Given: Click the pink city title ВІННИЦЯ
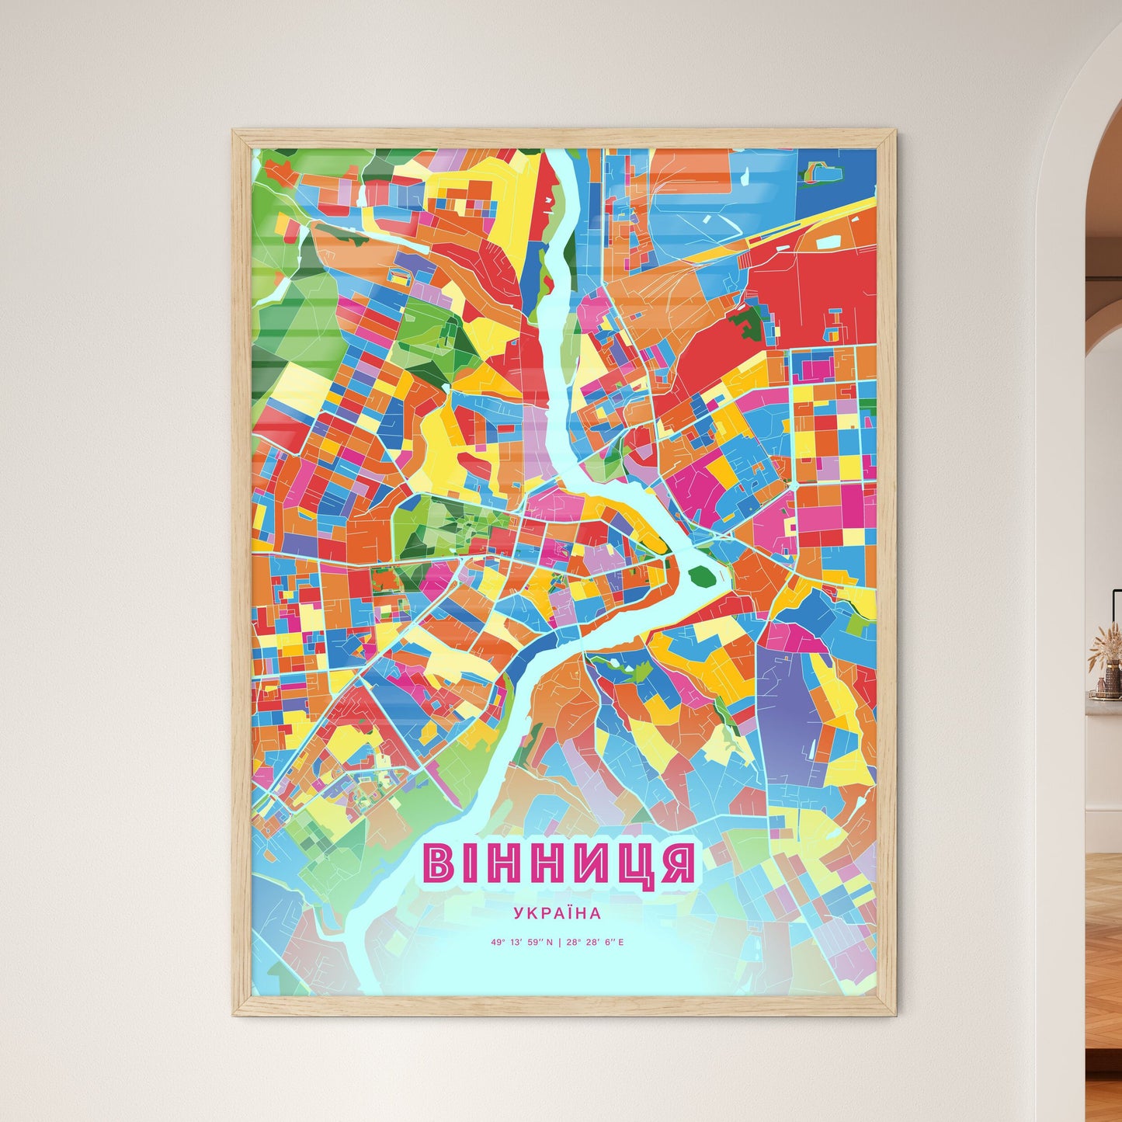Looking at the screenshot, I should pyautogui.click(x=558, y=863).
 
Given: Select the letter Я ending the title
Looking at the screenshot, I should pyautogui.click(x=678, y=863).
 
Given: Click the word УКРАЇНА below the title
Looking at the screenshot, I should pyautogui.click(x=557, y=914).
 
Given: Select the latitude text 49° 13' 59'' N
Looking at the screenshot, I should pyautogui.click(x=522, y=943).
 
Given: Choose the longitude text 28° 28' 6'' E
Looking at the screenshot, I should pyautogui.click(x=595, y=943).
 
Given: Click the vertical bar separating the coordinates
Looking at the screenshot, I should pyautogui.click(x=559, y=943).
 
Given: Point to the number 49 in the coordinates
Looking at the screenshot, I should pyautogui.click(x=495, y=943).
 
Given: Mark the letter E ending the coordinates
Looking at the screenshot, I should pyautogui.click(x=621, y=943).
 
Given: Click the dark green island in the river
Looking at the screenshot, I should pyautogui.click(x=702, y=576).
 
